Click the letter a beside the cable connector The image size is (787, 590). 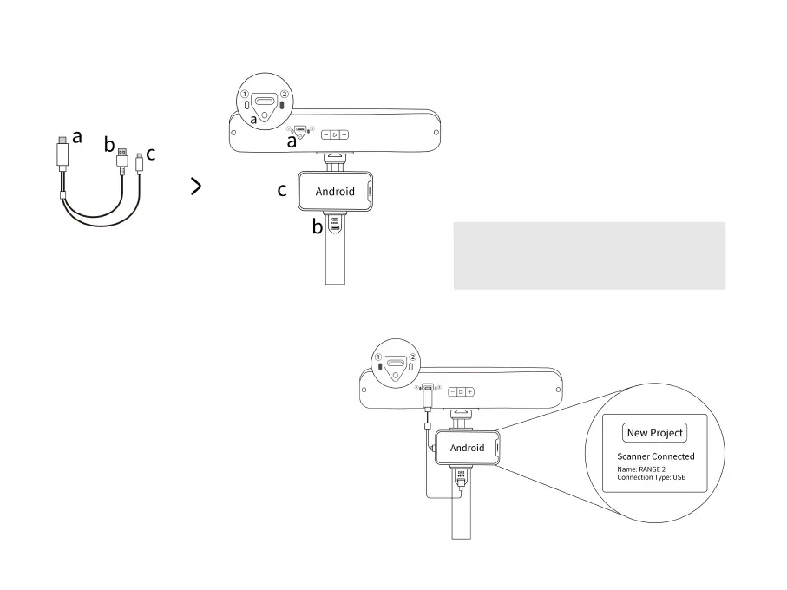(x=77, y=136)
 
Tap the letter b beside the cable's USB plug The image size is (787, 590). (x=109, y=144)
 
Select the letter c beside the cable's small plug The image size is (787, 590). (x=150, y=154)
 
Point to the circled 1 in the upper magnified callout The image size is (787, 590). (x=245, y=95)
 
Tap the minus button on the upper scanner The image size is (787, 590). (x=325, y=134)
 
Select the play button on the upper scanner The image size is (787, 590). (x=335, y=134)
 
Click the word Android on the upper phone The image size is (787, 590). (x=335, y=192)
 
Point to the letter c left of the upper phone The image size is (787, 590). (x=282, y=191)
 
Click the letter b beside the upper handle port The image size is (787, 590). (x=318, y=228)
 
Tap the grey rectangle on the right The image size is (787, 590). (x=588, y=255)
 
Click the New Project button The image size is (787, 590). (x=655, y=433)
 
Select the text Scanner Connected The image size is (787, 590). (x=655, y=456)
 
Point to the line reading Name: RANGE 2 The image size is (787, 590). (x=641, y=469)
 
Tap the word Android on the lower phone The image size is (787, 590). (x=467, y=448)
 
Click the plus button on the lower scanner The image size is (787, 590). (x=469, y=392)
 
